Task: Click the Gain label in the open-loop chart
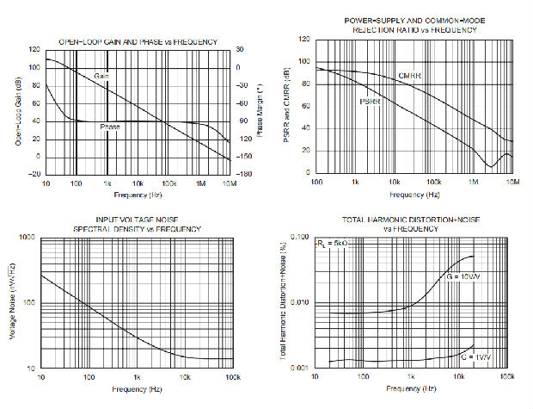102,77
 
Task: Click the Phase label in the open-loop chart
110,127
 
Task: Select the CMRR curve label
408,77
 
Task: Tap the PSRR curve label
370,102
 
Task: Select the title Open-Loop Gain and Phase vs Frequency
138,42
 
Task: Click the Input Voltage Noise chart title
138,224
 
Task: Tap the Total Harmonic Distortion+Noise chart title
403,224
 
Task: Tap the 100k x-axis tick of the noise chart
230,379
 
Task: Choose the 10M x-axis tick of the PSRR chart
512,183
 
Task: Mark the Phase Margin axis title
260,112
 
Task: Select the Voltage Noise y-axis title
15,303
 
